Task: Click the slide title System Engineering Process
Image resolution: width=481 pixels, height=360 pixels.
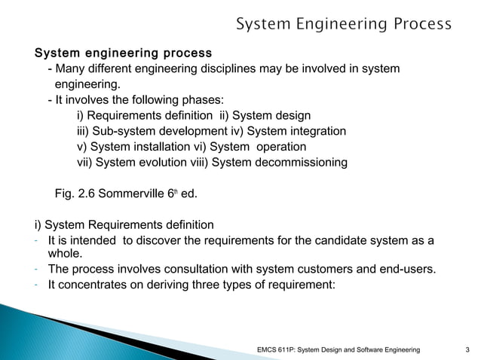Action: point(344,24)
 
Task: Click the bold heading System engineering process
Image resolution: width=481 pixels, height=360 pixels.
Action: point(123,54)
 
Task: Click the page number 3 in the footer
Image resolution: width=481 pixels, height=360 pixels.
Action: point(469,349)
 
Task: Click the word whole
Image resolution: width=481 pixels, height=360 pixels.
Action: point(65,255)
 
